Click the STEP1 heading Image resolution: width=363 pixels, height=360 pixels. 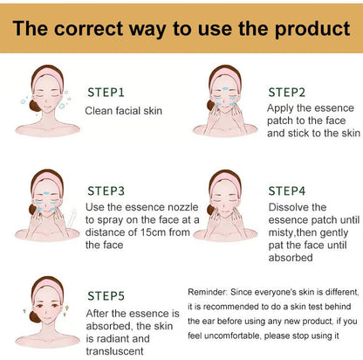(x=106, y=93)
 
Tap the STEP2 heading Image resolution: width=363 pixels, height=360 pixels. (x=287, y=93)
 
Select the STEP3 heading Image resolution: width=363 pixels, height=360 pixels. (x=106, y=190)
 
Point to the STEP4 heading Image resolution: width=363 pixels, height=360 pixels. (x=287, y=190)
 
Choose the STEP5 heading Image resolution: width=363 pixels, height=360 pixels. (x=106, y=295)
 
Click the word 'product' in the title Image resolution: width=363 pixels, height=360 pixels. (x=312, y=29)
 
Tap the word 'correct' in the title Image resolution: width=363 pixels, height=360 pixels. (x=89, y=29)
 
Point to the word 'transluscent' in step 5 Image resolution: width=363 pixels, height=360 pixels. (x=115, y=351)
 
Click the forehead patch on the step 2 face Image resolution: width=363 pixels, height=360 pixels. (x=225, y=89)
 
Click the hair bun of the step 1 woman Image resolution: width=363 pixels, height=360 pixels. (x=34, y=106)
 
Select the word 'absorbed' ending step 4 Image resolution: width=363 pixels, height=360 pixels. (x=291, y=258)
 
